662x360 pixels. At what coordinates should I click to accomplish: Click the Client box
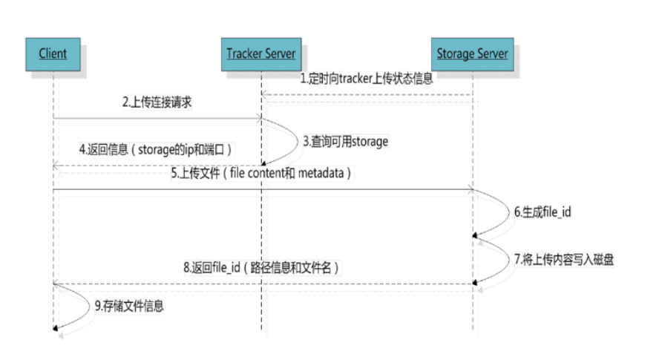pyautogui.click(x=53, y=53)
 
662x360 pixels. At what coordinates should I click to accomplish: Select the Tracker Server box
pyautogui.click(x=261, y=53)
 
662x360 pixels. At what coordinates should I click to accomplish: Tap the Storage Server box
pyautogui.click(x=472, y=53)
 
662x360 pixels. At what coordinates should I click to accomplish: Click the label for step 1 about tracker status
pyautogui.click(x=366, y=78)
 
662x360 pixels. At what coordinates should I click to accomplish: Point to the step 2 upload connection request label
pyautogui.click(x=157, y=103)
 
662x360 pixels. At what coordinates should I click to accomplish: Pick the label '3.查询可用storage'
pyautogui.click(x=345, y=140)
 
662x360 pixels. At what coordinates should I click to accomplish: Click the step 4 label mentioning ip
pyautogui.click(x=156, y=149)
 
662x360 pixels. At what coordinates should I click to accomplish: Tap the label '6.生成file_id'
pyautogui.click(x=543, y=212)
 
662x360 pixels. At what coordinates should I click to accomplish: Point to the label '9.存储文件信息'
pyautogui.click(x=129, y=304)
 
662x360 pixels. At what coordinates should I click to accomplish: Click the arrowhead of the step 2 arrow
pyautogui.click(x=257, y=117)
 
